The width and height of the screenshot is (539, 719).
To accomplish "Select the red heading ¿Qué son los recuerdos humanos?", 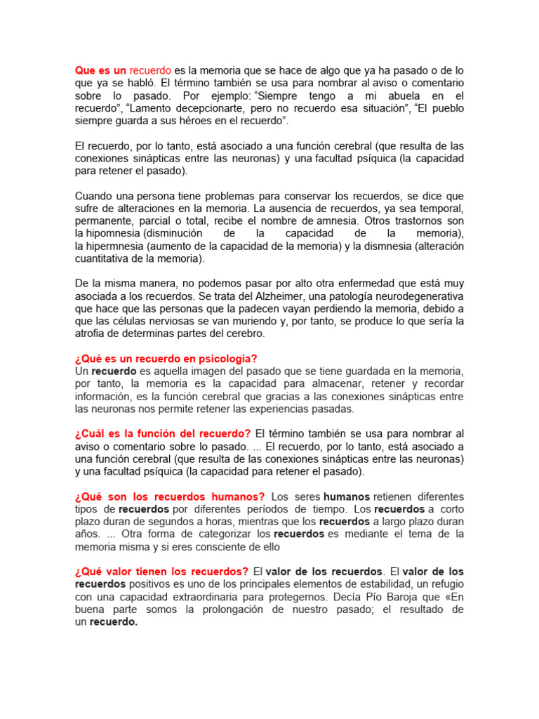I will click(x=169, y=496).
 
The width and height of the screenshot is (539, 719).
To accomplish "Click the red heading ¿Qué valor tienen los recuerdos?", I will click(x=161, y=572).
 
